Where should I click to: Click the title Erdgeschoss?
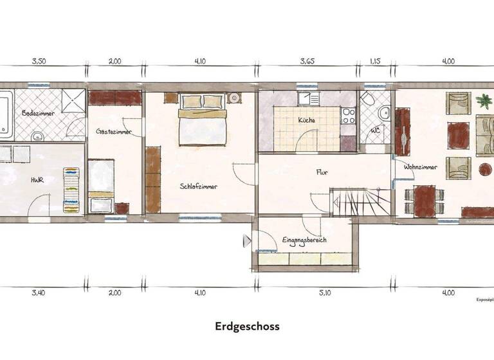(x=247, y=326)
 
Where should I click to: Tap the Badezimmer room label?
(x=38, y=113)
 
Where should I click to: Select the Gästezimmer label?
(x=114, y=131)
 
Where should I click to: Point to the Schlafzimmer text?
(x=199, y=186)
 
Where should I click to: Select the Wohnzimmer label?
(x=421, y=167)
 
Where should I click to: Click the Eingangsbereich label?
(x=304, y=240)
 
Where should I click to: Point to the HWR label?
(x=37, y=180)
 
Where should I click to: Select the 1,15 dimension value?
(x=376, y=62)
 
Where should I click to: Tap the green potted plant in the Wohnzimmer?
(x=482, y=100)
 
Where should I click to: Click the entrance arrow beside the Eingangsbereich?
(x=246, y=242)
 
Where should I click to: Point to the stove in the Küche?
(x=348, y=115)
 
